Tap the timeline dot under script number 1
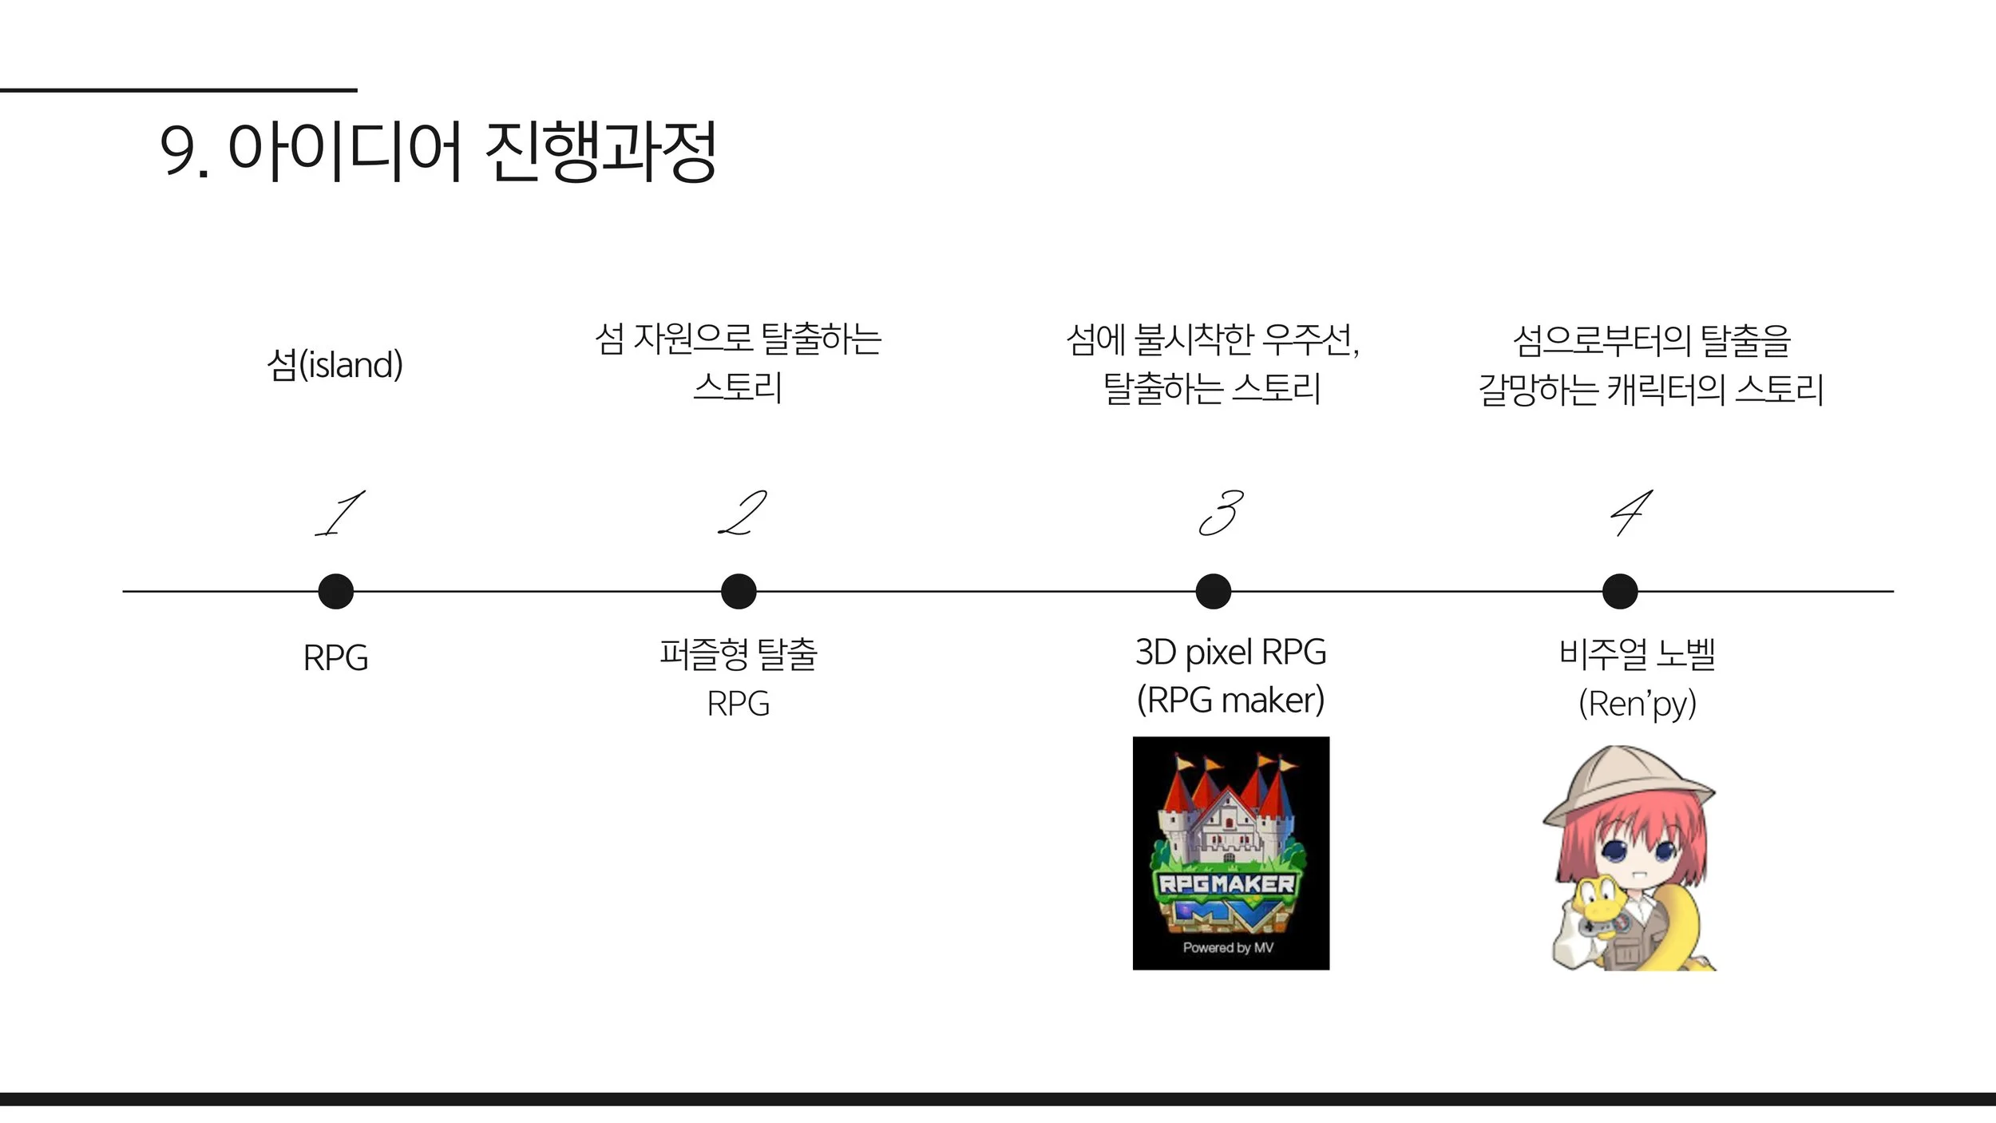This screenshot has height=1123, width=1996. coord(335,591)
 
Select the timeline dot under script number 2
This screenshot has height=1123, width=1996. coord(739,591)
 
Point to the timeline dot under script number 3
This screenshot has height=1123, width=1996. coord(1214,591)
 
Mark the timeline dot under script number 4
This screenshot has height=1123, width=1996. coord(1620,591)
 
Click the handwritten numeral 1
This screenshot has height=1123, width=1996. coord(340,514)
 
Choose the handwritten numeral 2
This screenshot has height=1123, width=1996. coord(743,514)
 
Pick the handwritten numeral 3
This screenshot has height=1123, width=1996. coord(1222,514)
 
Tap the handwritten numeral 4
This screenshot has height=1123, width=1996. coord(1630,514)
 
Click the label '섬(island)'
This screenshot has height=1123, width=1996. coord(335,365)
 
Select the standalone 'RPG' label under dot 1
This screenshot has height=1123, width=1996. coord(335,658)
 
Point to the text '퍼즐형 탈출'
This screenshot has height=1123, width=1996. coord(739,653)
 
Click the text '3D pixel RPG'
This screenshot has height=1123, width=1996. coord(1230,653)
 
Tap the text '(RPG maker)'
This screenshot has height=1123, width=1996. coord(1230,700)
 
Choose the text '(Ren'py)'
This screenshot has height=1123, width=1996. coord(1638,704)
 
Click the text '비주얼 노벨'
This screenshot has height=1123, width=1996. coord(1638,653)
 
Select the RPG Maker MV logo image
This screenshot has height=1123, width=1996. coord(1231,853)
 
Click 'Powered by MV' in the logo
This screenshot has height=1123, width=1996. coord(1228,947)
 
